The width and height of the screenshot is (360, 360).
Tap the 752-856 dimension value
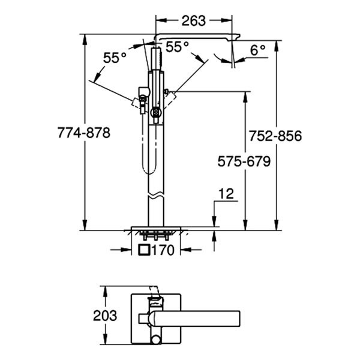(276, 136)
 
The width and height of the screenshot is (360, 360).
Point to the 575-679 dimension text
(244, 161)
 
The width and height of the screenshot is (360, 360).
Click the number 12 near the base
(226, 193)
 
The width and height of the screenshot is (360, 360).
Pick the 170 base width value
(163, 250)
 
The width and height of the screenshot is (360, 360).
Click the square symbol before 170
(144, 250)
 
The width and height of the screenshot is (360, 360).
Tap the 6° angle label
(258, 51)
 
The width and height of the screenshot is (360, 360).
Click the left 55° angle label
(115, 58)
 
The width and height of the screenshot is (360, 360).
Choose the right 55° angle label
(177, 46)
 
